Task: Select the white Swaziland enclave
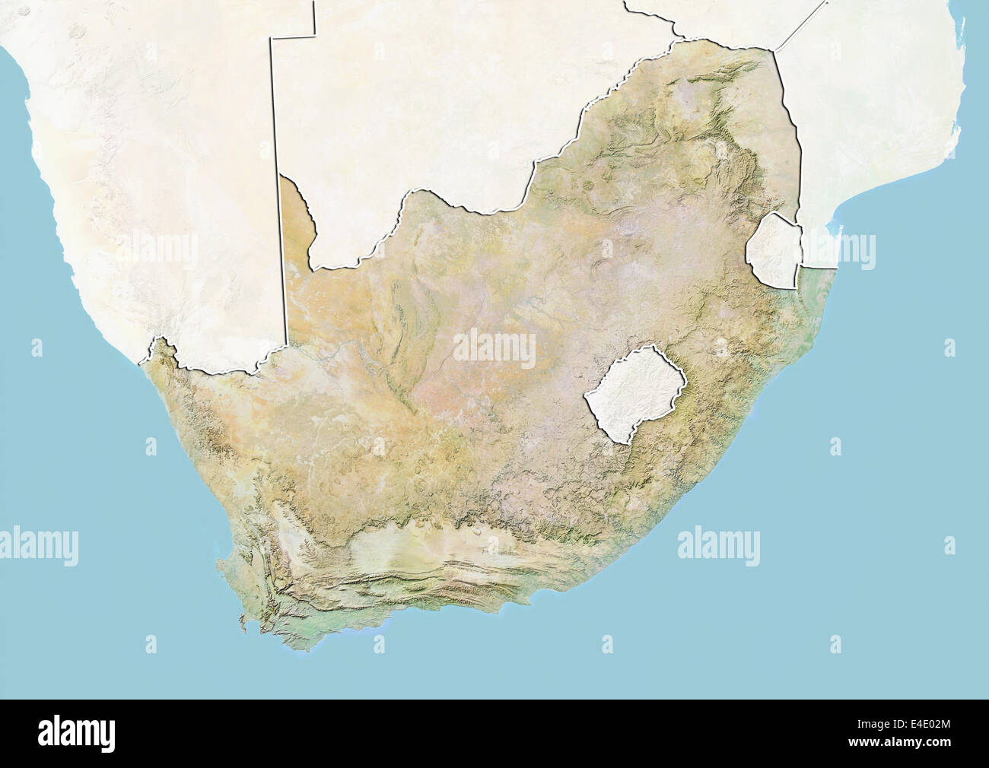774,250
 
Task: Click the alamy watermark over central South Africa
494,349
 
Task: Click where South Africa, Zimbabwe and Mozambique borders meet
774,50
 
